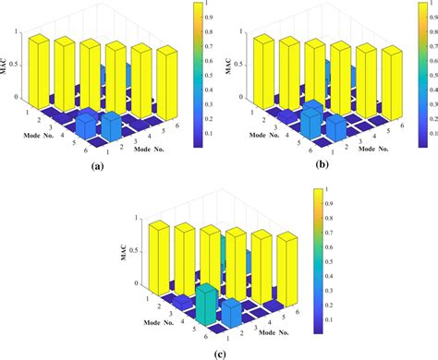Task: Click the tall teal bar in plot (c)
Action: point(209,307)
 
